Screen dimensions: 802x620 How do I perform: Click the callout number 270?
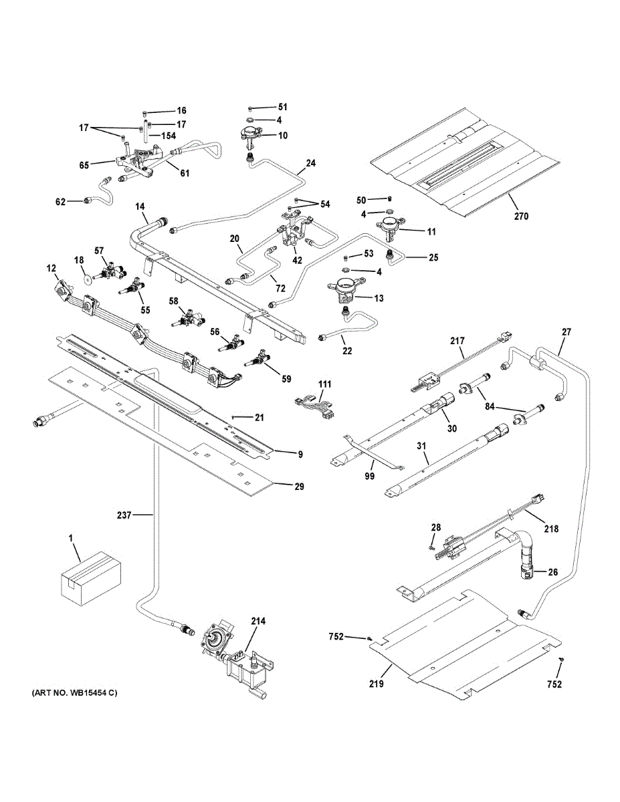pyautogui.click(x=521, y=216)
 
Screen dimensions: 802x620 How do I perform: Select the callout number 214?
pyautogui.click(x=258, y=621)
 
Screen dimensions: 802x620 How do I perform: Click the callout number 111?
pyautogui.click(x=325, y=386)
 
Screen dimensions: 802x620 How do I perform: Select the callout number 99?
pyautogui.click(x=369, y=475)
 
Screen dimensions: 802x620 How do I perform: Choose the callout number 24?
pyautogui.click(x=310, y=162)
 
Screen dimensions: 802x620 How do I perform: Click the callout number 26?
pyautogui.click(x=553, y=571)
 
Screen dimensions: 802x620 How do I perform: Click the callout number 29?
pyautogui.click(x=299, y=486)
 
